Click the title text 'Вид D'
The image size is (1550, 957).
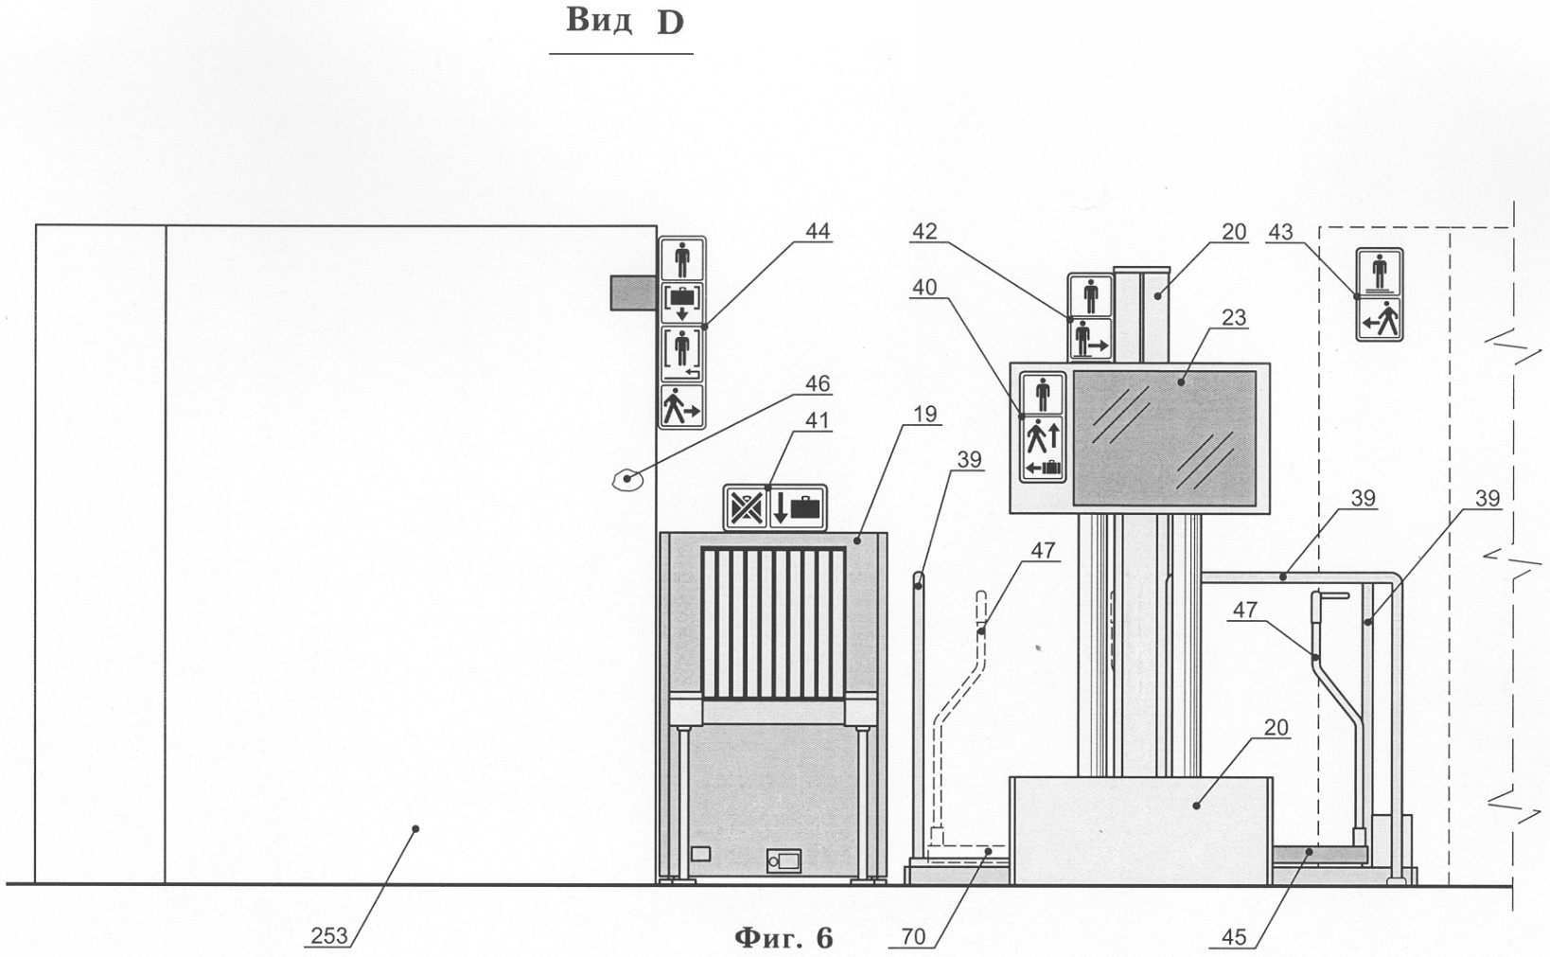click(624, 22)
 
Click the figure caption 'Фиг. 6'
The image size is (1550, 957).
click(784, 937)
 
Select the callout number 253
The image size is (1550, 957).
click(328, 937)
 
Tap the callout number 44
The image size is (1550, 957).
click(817, 232)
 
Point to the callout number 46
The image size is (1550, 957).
click(817, 383)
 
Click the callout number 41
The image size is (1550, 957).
click(817, 420)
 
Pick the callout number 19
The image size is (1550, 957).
click(926, 414)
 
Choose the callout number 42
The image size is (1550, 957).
click(925, 232)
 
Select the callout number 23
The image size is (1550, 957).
click(1233, 317)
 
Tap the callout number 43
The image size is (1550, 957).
click(1280, 232)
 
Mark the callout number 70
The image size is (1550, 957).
click(913, 937)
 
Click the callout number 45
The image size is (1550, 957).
click(1233, 937)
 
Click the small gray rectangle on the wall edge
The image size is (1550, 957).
click(633, 292)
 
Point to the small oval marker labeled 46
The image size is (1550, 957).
click(626, 480)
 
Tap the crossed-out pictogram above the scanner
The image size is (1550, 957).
click(746, 508)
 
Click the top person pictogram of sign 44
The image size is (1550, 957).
click(681, 258)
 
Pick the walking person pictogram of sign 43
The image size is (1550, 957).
click(1379, 319)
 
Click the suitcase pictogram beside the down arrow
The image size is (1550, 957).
click(806, 508)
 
